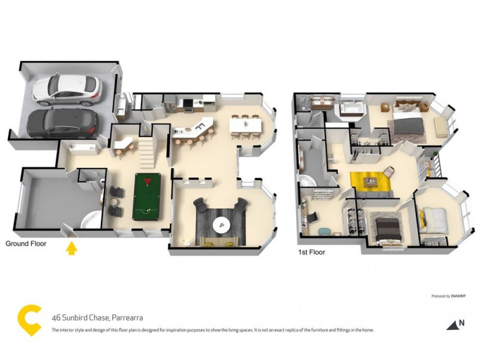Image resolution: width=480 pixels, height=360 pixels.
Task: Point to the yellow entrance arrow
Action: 71,247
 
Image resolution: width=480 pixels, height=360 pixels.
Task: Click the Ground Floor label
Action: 26,244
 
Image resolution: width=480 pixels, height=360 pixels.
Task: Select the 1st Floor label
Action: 311,253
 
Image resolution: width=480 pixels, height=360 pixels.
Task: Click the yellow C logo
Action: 29,319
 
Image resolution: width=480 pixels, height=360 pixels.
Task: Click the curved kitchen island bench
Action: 192,129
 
